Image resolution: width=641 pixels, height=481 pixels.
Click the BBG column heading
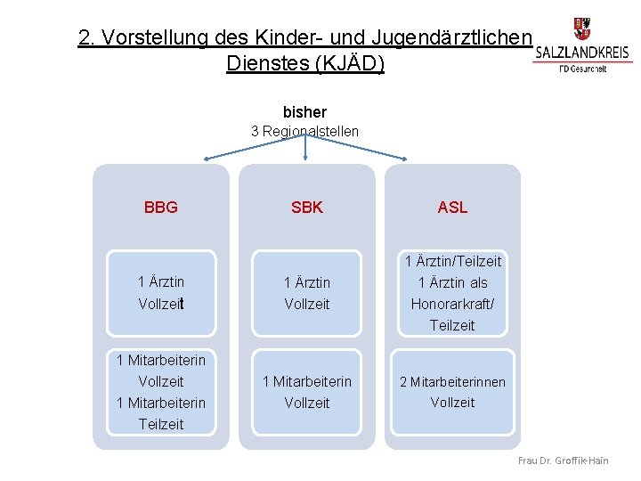click(x=161, y=208)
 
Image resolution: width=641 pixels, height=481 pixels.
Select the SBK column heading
click(x=307, y=208)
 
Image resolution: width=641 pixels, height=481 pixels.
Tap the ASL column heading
click(x=452, y=208)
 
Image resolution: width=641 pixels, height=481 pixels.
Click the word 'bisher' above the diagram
click(x=304, y=112)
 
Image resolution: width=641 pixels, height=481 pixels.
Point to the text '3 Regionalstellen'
click(x=304, y=132)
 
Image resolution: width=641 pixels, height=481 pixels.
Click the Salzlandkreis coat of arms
click(x=582, y=28)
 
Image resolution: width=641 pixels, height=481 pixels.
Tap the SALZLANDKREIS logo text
click(x=583, y=53)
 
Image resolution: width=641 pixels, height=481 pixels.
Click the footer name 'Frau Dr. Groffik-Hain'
click(x=575, y=461)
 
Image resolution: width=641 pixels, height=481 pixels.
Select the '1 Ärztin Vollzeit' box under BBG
click(x=161, y=292)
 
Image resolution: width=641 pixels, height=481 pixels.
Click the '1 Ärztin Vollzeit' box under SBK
click(x=307, y=293)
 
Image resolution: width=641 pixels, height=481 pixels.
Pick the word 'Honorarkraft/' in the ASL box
click(x=452, y=304)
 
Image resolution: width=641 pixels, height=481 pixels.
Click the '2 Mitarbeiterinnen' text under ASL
click(x=452, y=382)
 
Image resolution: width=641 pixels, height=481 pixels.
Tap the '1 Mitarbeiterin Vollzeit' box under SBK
click(x=307, y=392)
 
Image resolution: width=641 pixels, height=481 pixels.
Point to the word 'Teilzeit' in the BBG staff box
click(x=161, y=424)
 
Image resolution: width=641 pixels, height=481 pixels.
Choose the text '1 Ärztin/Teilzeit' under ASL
click(x=452, y=262)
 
